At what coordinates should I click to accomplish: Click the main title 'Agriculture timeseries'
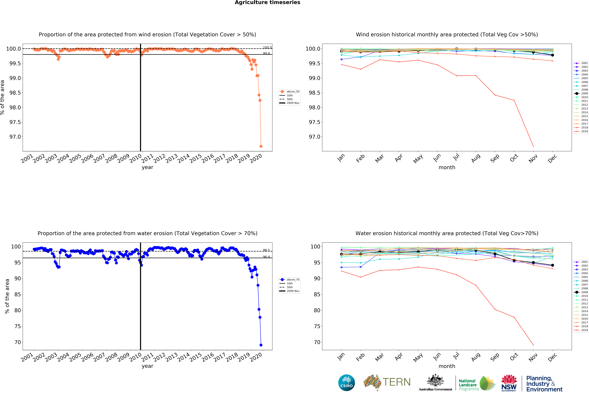click(267, 3)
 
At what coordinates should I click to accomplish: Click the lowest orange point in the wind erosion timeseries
click(261, 146)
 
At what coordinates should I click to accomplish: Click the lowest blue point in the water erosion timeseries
click(261, 345)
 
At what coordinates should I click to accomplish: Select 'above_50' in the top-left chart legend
click(293, 92)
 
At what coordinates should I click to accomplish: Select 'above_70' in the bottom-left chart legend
click(293, 280)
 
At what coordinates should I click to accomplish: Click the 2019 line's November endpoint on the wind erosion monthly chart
click(533, 146)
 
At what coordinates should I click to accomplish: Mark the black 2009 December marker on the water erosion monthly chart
click(552, 265)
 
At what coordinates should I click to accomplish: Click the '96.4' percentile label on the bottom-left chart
click(266, 257)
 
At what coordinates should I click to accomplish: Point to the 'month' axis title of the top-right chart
click(447, 167)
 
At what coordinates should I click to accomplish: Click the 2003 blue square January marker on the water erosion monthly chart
click(341, 267)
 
